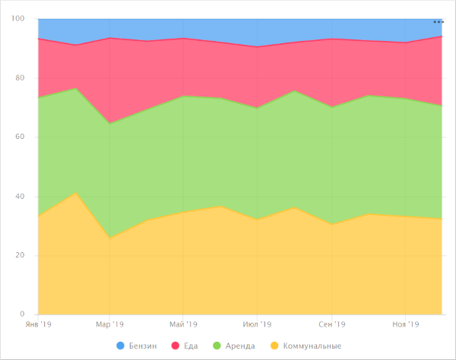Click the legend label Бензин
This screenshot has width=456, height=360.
142,346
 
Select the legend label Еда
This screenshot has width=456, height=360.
192,346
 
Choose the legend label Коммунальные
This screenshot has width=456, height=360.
312,346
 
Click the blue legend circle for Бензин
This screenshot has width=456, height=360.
121,346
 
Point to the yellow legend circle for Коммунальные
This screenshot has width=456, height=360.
274,346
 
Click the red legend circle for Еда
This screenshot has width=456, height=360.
176,346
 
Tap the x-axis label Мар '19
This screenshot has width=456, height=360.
109,324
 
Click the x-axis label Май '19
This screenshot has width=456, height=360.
183,324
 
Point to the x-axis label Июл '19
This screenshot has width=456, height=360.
257,324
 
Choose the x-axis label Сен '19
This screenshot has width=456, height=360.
331,324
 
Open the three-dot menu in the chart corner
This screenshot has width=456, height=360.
438,22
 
